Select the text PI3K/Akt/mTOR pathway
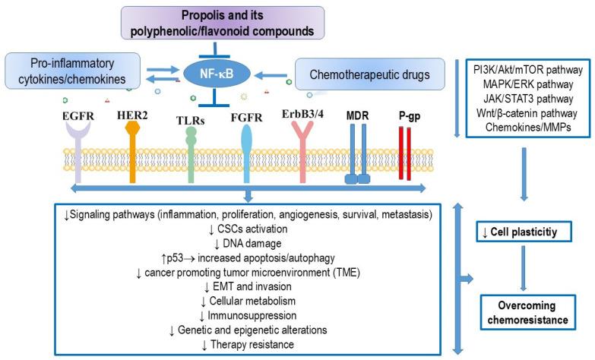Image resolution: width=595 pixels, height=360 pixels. click(524, 71)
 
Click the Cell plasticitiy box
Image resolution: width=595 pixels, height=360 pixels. click(524, 231)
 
